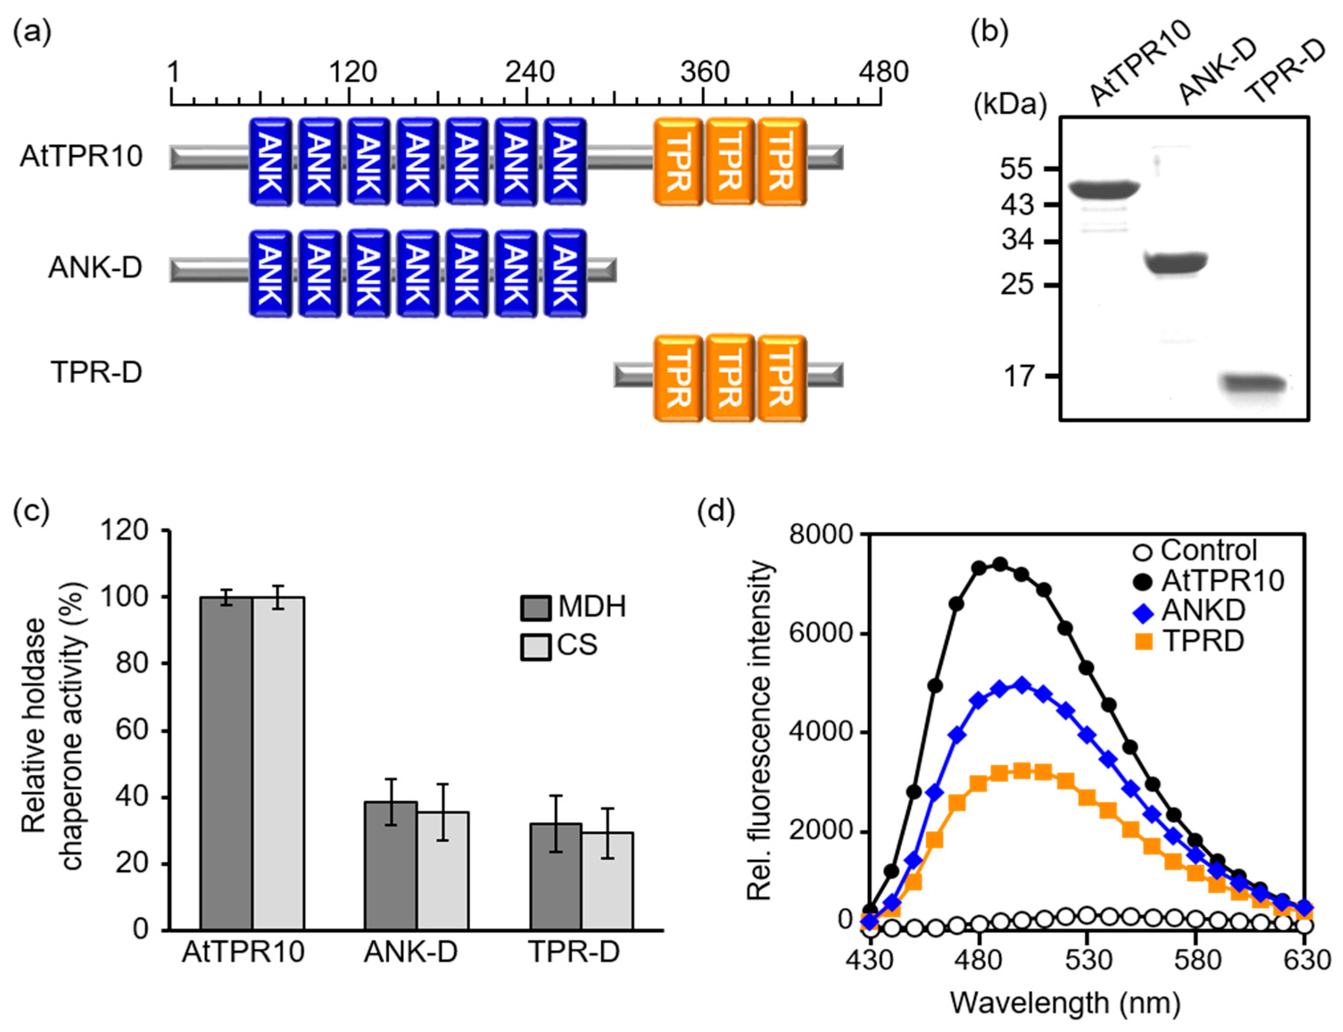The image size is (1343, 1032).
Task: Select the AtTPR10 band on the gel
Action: coord(1103,189)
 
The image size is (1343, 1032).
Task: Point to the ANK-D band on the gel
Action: coord(1177,264)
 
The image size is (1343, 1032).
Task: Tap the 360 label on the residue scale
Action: coord(704,72)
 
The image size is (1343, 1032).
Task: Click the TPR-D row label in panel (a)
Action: coord(96,372)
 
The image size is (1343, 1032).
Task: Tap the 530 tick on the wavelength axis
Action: coord(1087,959)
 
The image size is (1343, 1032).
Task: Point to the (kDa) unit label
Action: coord(1009,106)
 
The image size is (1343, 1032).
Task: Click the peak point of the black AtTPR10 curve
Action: coord(1000,564)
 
